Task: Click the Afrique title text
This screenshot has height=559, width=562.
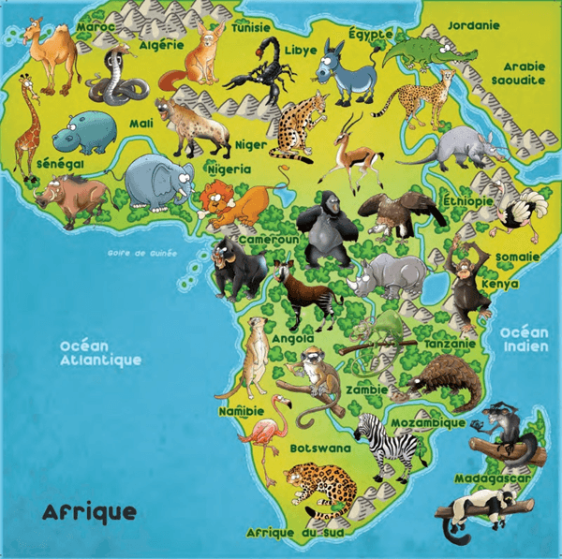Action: pyautogui.click(x=89, y=512)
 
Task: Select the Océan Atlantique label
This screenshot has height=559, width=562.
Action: pyautogui.click(x=100, y=352)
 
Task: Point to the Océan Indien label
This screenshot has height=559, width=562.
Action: pyautogui.click(x=524, y=339)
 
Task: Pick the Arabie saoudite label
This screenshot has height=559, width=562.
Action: pyautogui.click(x=523, y=73)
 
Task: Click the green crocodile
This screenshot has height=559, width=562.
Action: pyautogui.click(x=422, y=51)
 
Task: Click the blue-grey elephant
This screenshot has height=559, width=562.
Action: pyautogui.click(x=155, y=182)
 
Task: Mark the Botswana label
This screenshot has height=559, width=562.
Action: pyautogui.click(x=320, y=449)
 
